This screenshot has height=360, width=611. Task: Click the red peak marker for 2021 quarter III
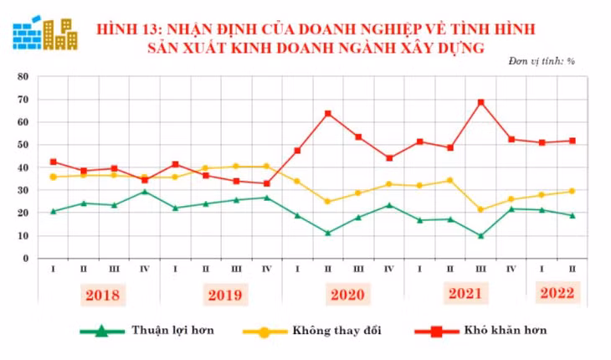coord(480,102)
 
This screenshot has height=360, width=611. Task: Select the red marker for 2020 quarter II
coord(328,113)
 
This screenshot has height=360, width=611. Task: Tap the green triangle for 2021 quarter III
coord(480,235)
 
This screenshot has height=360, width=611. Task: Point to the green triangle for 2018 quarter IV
coord(145,192)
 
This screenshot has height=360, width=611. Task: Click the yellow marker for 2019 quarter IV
coord(267,166)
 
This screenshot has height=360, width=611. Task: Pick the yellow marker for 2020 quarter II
coord(328,202)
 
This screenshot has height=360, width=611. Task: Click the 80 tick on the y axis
coord(24,76)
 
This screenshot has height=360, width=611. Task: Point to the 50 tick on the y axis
coord(24,145)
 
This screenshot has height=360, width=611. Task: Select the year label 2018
coord(101,296)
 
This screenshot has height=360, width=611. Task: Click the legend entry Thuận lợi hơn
coord(172,330)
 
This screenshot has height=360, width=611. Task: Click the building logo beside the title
coord(45,31)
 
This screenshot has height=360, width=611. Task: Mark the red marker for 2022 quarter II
coord(572,141)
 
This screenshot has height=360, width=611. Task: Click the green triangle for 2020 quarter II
coord(328,232)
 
